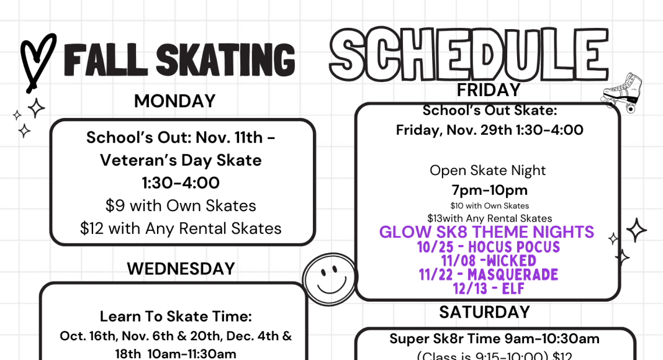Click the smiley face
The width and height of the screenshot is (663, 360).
coord(330,279)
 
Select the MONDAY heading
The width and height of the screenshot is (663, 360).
coord(174,101)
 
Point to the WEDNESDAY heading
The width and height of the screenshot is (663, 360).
coord(181,269)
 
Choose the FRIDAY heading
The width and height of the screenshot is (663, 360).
coord(489,90)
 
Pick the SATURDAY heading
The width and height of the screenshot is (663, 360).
coord(485,312)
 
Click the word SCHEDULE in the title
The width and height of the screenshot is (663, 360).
coord(469,54)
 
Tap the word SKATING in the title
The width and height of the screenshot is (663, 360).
coord(225,60)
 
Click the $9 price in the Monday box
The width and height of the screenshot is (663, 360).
coord(115,206)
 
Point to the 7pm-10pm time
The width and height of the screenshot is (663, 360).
coord(490,190)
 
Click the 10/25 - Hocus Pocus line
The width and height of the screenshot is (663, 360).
coord(489,247)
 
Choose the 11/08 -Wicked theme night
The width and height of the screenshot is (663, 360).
coord(489,261)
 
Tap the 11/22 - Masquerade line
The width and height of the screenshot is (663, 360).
coord(489,274)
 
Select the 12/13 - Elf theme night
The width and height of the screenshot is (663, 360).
coord(489,289)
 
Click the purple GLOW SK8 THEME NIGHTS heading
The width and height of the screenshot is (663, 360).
coord(487,232)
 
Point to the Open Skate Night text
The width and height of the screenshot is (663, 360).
coord(487,170)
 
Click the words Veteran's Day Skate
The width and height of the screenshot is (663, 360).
coord(181,161)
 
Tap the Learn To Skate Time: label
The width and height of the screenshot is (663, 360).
coord(176,317)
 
